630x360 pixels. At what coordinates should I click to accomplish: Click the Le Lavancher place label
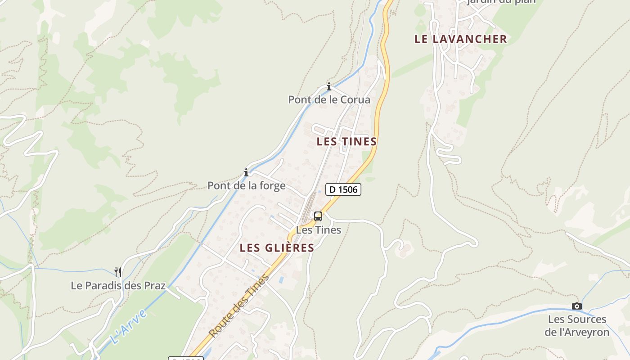pos(460,39)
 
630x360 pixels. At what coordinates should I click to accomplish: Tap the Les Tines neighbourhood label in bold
pos(346,142)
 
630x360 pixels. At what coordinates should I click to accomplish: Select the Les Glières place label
pos(277,248)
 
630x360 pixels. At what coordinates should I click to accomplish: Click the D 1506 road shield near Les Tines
pos(343,189)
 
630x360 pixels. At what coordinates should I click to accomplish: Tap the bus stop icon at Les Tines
pos(318,216)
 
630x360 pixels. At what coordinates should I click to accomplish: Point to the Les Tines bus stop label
pos(319,230)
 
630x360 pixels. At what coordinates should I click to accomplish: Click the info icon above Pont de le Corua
pos(329,86)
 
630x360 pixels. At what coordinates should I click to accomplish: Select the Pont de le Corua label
pos(329,100)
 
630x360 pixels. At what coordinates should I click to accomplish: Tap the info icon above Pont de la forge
pos(246,172)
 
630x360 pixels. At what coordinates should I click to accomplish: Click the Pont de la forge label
pos(246,185)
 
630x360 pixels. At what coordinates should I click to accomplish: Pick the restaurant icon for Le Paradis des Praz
pos(118,272)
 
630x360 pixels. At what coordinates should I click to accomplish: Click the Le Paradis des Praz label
pos(118,286)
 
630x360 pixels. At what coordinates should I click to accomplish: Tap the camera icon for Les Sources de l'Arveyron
pos(577,306)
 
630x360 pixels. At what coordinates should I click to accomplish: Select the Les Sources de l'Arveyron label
pos(577,326)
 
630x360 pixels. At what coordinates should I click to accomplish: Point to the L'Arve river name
pos(129,327)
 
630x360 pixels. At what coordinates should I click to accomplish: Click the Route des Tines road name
pos(239,306)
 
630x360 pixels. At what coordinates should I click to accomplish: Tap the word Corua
pos(355,100)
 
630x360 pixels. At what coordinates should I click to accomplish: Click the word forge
pos(271,185)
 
